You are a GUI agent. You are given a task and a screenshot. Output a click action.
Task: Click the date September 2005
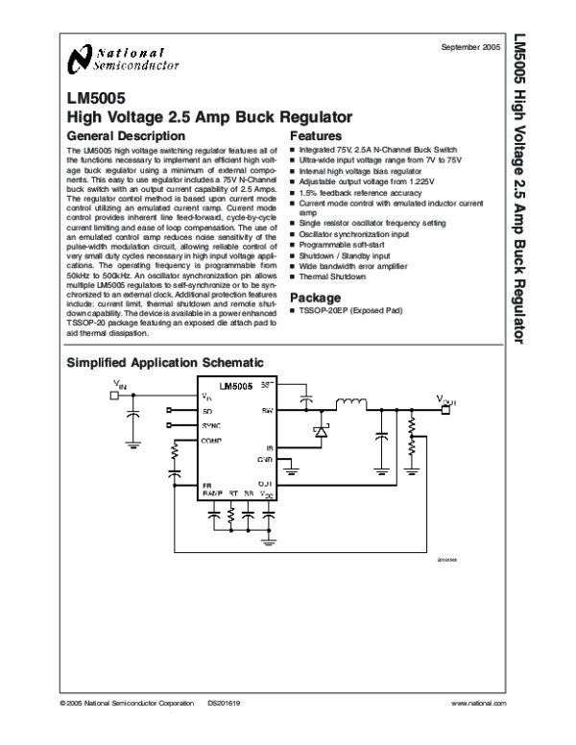(x=471, y=47)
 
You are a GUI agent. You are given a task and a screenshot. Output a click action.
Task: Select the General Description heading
(x=116, y=136)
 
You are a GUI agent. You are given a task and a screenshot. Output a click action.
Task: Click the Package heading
(x=316, y=297)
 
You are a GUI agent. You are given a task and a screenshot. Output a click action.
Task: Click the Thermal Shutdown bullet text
(x=333, y=276)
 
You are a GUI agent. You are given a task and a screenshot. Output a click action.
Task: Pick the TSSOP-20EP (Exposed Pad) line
(x=348, y=311)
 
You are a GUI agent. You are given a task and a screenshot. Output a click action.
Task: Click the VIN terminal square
(x=113, y=396)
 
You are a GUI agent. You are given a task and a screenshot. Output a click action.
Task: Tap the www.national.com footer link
(x=477, y=704)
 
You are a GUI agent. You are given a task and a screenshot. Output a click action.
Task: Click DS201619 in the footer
(x=224, y=704)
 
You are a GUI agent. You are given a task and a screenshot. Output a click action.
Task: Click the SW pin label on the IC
(x=268, y=410)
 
